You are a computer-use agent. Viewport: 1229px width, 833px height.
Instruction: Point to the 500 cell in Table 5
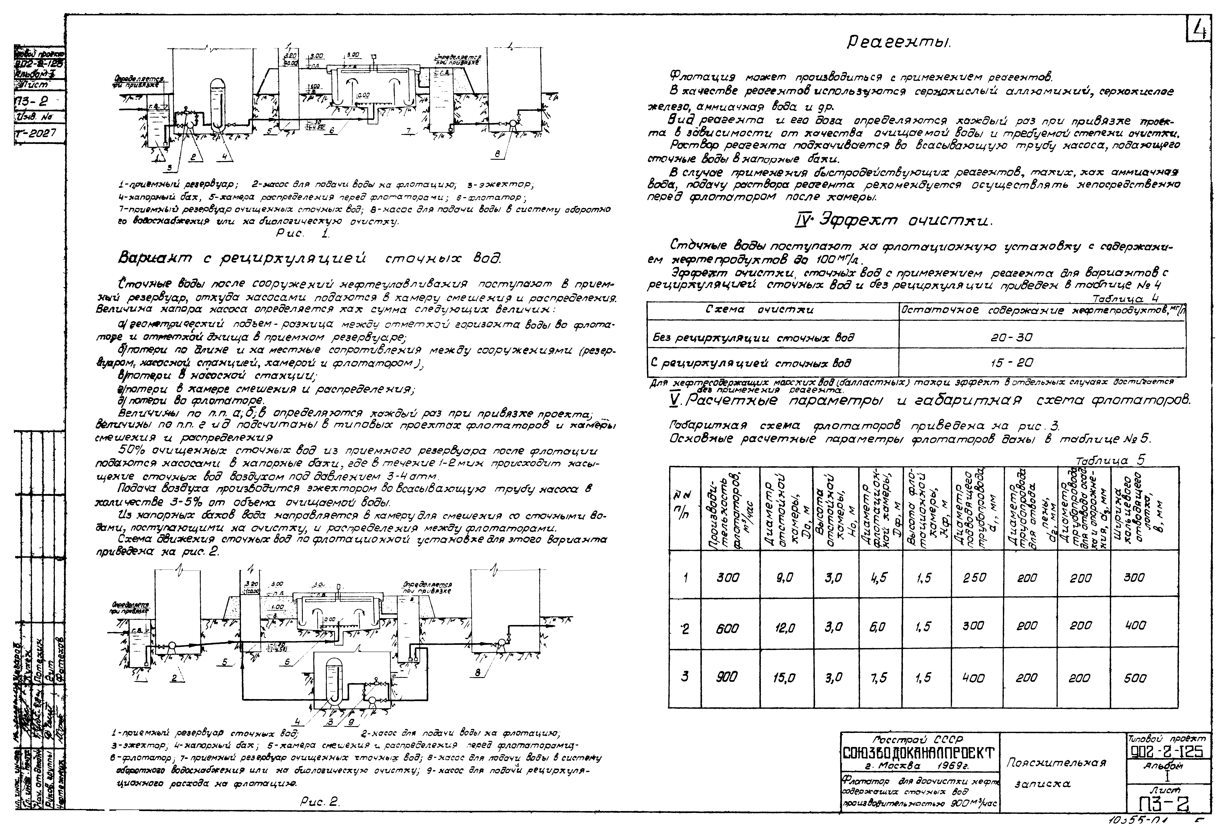pos(1134,678)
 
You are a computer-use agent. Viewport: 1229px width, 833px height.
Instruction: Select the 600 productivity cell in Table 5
pos(728,628)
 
